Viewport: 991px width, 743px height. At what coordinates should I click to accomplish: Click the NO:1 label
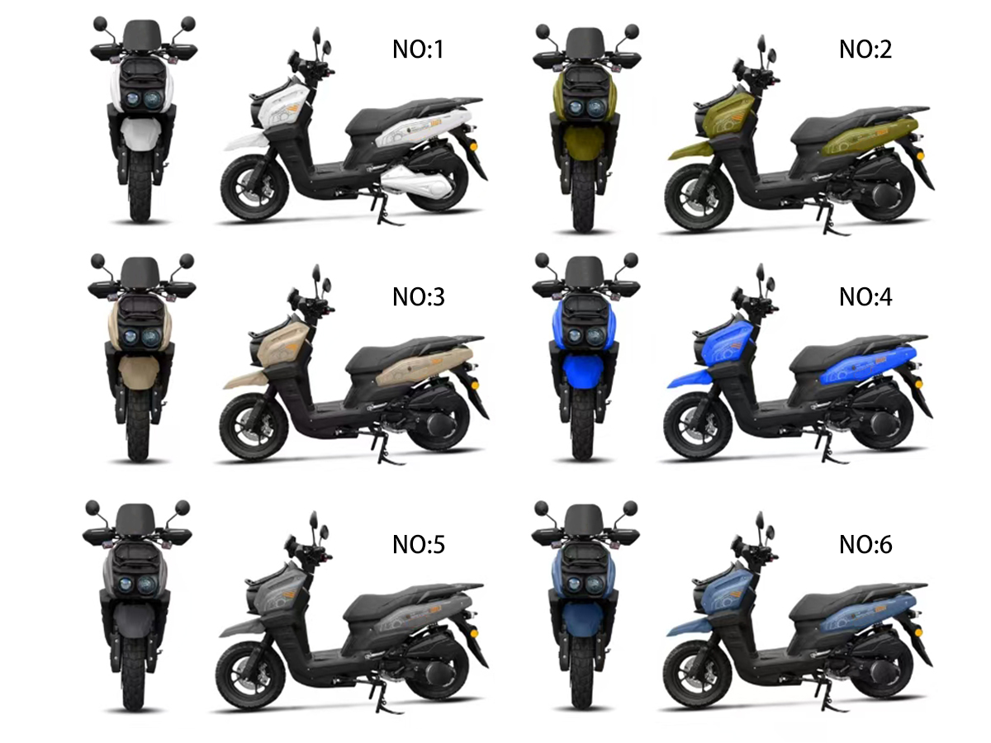418,50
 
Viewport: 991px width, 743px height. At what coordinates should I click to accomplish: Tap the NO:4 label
865,297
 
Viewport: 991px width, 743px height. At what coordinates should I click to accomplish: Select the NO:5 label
419,545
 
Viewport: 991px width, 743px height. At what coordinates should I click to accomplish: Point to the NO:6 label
865,545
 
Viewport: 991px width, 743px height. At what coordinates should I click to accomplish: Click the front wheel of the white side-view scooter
254,187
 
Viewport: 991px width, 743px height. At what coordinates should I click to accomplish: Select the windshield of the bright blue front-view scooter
584,270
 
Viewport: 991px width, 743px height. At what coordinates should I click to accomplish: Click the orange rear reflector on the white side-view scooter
472,147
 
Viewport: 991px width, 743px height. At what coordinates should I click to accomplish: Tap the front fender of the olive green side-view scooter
688,149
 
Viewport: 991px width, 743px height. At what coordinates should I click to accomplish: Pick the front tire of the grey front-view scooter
135,676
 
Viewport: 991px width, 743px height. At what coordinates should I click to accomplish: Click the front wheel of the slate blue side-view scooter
698,674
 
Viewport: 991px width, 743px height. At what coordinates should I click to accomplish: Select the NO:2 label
865,50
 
